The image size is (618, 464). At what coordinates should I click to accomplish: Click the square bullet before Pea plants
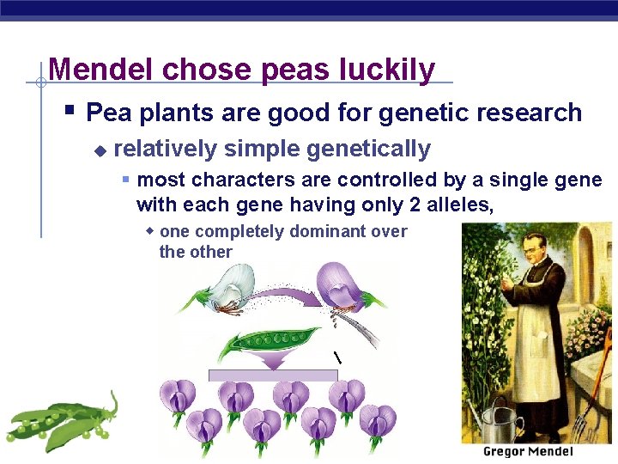click(x=70, y=111)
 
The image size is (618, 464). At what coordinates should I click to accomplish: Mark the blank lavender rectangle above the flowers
click(x=273, y=375)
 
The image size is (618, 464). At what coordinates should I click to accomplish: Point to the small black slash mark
click(x=337, y=357)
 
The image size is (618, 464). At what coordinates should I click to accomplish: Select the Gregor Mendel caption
click(x=527, y=452)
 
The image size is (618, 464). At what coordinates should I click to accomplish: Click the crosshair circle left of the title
click(x=39, y=83)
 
